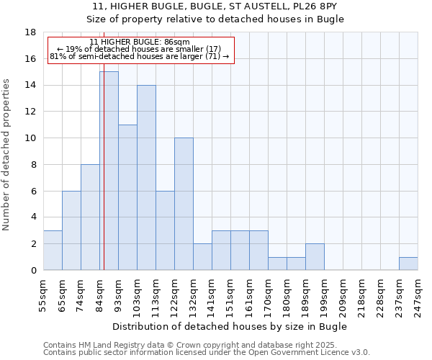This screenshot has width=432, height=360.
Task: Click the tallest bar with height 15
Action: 109,171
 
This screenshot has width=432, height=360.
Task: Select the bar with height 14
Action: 146,177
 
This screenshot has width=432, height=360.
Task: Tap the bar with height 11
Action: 127,197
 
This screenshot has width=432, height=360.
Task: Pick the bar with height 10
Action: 184,204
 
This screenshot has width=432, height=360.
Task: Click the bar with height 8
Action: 90,217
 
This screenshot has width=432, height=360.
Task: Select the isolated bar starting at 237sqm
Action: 408,264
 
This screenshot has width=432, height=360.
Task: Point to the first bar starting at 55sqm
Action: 53,250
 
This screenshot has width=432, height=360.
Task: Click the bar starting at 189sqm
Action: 315,256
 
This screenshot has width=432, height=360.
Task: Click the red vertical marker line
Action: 104,180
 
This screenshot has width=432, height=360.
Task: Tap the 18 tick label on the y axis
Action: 30,32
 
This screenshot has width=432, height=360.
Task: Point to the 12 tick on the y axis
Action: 30,112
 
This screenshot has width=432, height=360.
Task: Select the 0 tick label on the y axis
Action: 33,270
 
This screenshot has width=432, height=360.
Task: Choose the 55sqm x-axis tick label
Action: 43,297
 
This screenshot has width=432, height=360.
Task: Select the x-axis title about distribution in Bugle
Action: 230,327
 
